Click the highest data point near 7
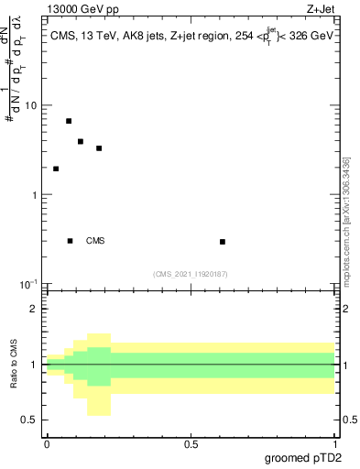coord(69,121)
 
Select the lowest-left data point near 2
coord(56,169)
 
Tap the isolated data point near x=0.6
coord(223,242)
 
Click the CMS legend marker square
coord(71,241)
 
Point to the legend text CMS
coord(95,241)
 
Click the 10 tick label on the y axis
coord(30,105)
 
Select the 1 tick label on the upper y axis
coord(34,195)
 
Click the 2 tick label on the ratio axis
coord(35,309)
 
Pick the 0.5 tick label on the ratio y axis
coord(30,420)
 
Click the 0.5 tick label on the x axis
coord(191,444)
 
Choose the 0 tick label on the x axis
coord(47,444)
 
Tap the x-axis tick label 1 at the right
coord(336,444)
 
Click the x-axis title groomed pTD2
coord(306,457)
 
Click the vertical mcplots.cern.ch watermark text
coord(346,220)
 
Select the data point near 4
coord(81,142)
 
